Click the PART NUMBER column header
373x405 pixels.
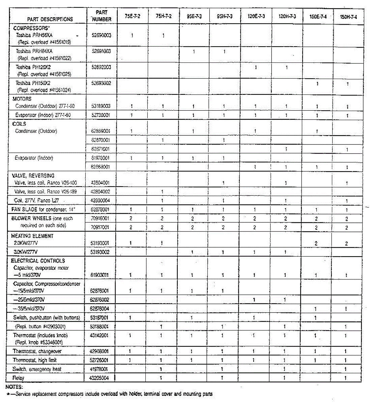coord(102,16)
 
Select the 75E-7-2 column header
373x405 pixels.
coord(132,16)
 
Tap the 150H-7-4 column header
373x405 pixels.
coord(348,17)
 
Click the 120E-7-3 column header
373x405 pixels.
coord(256,16)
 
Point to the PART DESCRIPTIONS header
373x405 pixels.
coord(50,19)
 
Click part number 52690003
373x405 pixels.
coord(101,35)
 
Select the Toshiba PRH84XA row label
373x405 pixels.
coord(34,51)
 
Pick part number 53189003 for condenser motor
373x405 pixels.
coord(101,106)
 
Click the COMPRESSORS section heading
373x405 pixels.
coord(31,28)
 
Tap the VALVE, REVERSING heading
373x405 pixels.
coord(33,175)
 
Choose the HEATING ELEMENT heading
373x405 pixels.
coord(32,236)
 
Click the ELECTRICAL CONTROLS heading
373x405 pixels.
coord(38,261)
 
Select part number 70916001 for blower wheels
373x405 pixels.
coord(100,218)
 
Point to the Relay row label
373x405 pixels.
coord(18,378)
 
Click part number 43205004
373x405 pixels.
coord(99,378)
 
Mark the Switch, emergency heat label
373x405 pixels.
coord(37,369)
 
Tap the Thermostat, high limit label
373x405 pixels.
coord(35,360)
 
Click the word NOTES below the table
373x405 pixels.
coord(14,387)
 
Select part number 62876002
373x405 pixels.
coord(99,300)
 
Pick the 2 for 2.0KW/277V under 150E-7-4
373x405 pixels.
coord(316,243)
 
